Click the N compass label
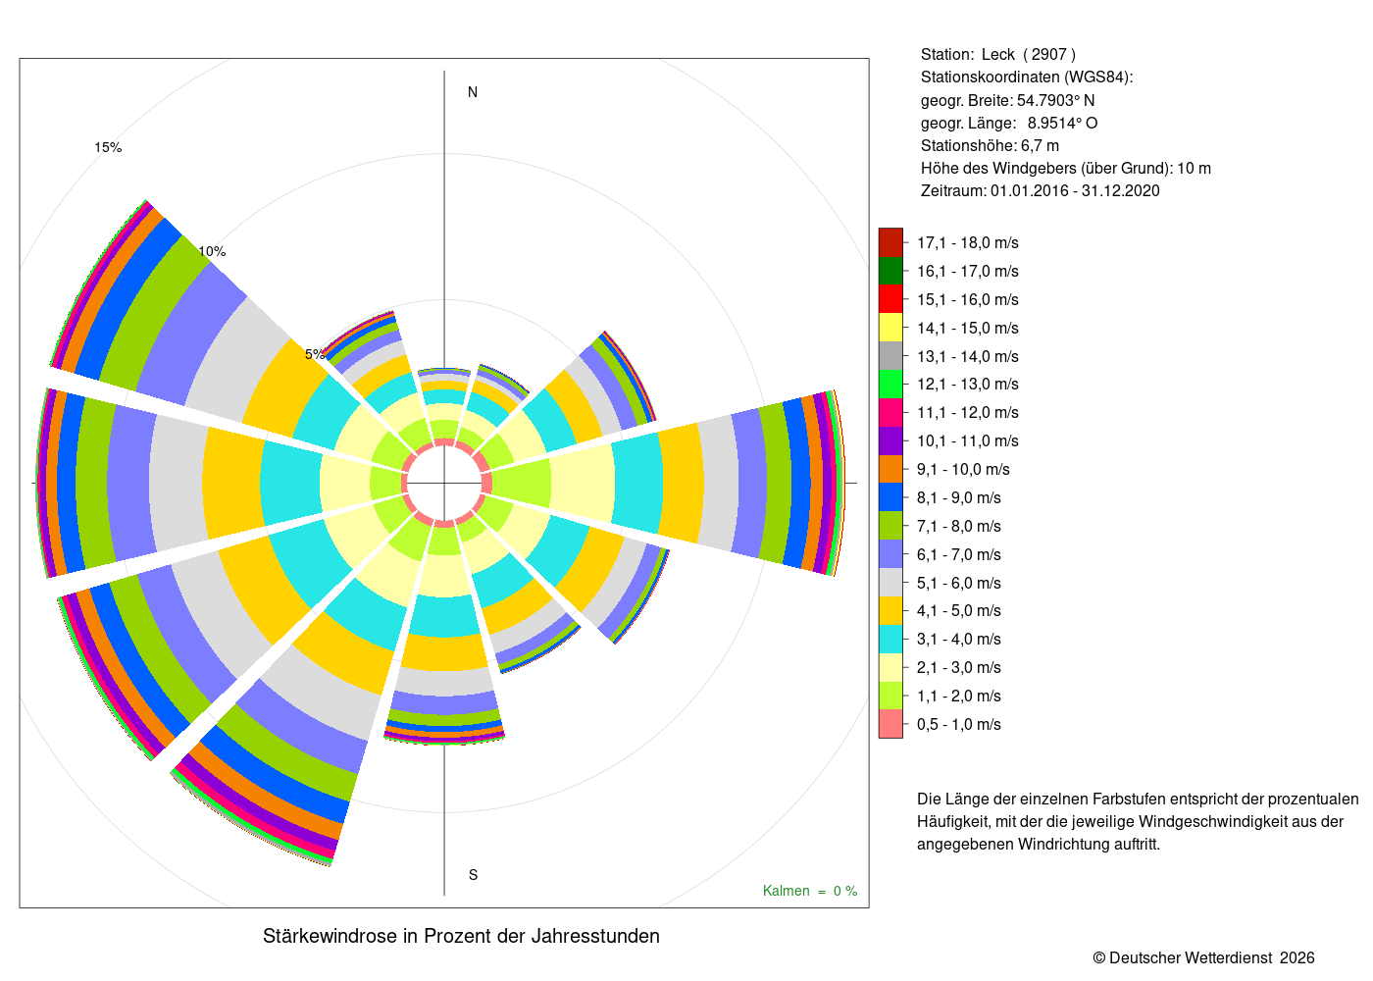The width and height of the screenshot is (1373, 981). click(x=472, y=92)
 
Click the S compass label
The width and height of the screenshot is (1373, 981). click(x=473, y=875)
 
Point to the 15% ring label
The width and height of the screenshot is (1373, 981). click(x=108, y=148)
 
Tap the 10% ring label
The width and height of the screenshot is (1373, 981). click(x=212, y=251)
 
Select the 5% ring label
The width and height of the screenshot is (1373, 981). click(x=315, y=354)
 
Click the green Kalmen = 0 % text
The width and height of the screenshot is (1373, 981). click(x=810, y=891)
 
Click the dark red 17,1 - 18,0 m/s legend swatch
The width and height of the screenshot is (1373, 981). click(x=890, y=242)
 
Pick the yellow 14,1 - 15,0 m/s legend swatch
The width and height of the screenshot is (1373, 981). click(x=890, y=328)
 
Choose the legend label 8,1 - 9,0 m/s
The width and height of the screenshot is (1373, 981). click(x=959, y=498)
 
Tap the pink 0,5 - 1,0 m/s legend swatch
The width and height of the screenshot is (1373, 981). click(x=890, y=724)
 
